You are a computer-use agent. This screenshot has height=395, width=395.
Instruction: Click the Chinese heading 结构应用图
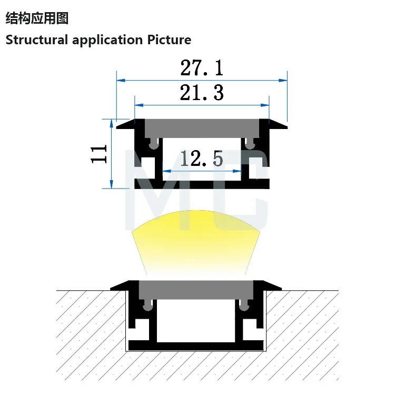tap(37, 18)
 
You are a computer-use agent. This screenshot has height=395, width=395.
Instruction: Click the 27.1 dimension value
tap(202, 67)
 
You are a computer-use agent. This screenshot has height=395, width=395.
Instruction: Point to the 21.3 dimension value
tap(202, 93)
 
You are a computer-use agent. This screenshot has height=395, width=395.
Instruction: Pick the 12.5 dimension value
tap(202, 159)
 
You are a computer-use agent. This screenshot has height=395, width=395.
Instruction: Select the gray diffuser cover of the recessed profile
tap(196, 289)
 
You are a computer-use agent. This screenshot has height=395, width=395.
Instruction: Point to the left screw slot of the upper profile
tap(153, 143)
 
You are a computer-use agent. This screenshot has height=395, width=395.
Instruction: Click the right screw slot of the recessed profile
tap(243, 304)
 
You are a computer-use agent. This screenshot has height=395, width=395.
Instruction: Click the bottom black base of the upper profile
tap(202, 184)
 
